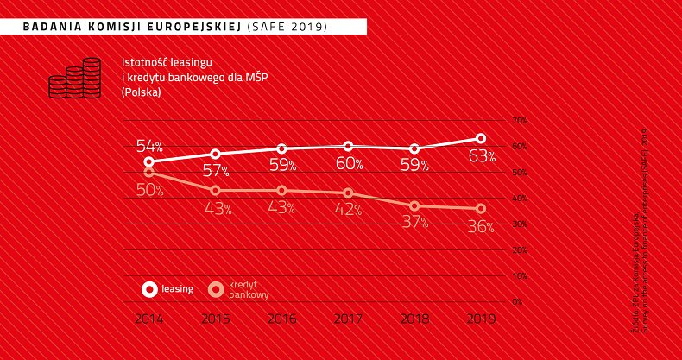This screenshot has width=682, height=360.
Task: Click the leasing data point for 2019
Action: (481, 138)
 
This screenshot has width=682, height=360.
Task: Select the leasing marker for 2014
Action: (149, 161)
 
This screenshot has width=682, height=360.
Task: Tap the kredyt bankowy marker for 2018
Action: (414, 205)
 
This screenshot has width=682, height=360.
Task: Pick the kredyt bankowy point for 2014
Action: (149, 173)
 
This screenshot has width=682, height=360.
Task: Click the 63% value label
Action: (481, 156)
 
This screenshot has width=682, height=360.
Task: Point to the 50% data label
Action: (149, 190)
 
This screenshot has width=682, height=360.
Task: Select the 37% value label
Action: (414, 223)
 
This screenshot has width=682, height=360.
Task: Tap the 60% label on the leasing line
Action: (348, 163)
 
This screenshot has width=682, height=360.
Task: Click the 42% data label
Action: (348, 210)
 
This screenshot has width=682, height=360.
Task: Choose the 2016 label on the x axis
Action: (281, 319)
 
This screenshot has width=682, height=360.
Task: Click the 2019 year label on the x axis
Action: (481, 319)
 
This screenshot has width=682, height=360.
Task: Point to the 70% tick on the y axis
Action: (519, 120)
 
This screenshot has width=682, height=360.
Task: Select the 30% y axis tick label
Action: (519, 224)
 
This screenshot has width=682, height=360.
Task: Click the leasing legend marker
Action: (149, 289)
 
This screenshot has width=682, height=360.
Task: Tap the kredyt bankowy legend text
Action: (248, 289)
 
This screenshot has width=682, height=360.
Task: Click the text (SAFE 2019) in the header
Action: (287, 27)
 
